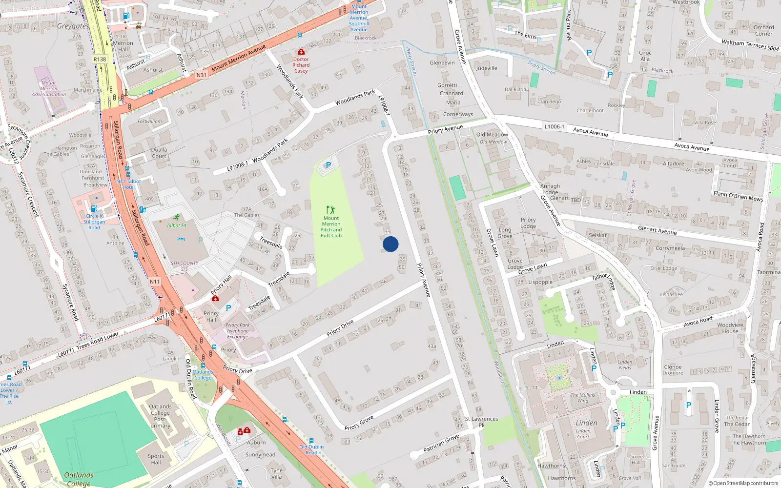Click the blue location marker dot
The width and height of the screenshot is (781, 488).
(x=390, y=244)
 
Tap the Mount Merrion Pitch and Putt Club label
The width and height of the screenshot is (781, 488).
(x=331, y=227)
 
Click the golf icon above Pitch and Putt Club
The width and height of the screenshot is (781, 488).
(x=330, y=210)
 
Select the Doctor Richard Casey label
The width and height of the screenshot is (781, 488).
(x=301, y=65)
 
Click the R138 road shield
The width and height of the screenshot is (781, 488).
(x=100, y=59)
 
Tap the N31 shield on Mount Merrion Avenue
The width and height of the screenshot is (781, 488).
(x=201, y=75)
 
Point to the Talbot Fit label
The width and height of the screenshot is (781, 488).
(x=176, y=225)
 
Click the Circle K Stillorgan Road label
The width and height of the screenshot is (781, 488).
(x=94, y=222)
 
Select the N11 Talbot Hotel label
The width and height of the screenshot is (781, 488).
(x=128, y=184)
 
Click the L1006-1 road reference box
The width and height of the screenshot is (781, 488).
(x=554, y=126)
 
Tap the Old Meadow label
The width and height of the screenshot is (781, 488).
(x=492, y=135)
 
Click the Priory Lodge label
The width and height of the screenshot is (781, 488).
(x=528, y=223)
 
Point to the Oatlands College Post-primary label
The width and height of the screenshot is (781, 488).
(x=160, y=416)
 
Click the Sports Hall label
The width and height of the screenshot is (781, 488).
(x=156, y=459)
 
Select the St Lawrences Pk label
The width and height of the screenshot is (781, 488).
(x=481, y=422)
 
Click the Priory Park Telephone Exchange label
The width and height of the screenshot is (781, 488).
(x=237, y=331)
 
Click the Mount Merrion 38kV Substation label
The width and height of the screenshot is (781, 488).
(x=48, y=89)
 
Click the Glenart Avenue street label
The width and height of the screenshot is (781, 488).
(x=657, y=230)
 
